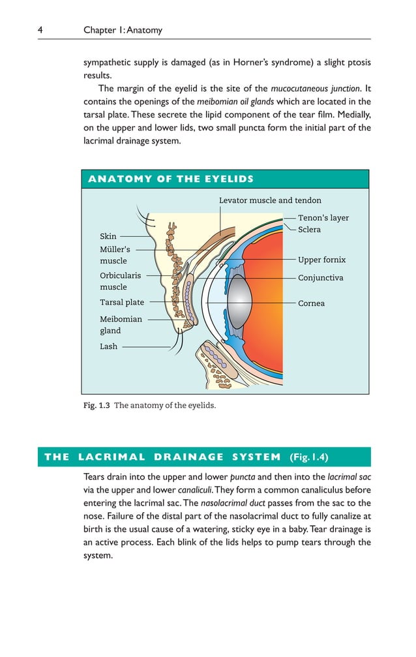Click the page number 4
[x=40, y=30]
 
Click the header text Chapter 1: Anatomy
[x=123, y=30]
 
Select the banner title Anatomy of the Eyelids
[x=171, y=179]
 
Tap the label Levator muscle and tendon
[x=270, y=200]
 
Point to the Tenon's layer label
[x=323, y=218]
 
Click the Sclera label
[x=309, y=230]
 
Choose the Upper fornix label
[x=321, y=260]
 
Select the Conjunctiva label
[x=320, y=278]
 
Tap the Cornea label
[x=311, y=303]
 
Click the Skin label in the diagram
[x=108, y=236]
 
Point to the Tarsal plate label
[x=122, y=303]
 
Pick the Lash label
[x=108, y=346]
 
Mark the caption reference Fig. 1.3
[x=96, y=405]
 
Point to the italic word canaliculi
[x=198, y=490]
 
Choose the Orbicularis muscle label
[x=120, y=281]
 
